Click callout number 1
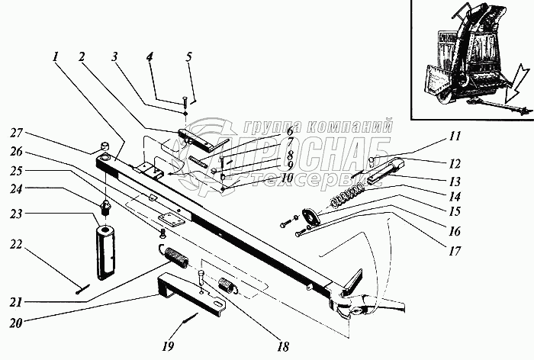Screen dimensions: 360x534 tap(56, 56)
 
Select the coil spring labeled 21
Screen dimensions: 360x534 tap(177, 257)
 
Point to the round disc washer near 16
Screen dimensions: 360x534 tap(310, 217)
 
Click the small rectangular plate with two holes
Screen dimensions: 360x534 tap(169, 220)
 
